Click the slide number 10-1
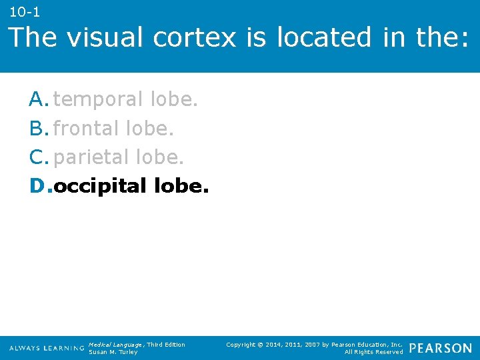[x=25, y=11]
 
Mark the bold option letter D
[x=38, y=185]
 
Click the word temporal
[x=98, y=99]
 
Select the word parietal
[x=91, y=157]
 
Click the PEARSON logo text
[x=440, y=348]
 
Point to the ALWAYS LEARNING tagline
[x=47, y=348]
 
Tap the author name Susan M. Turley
[x=113, y=352]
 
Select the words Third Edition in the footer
[x=167, y=344]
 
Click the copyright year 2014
[x=273, y=344]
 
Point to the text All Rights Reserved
[x=373, y=352]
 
